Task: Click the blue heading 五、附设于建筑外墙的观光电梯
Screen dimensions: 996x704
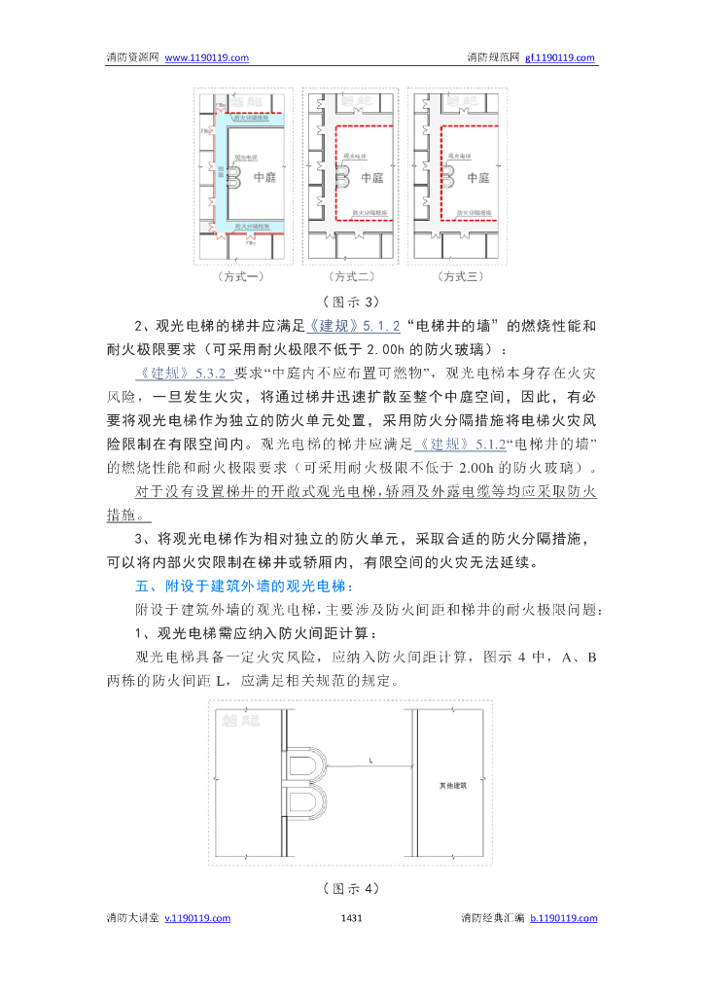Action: coord(245,587)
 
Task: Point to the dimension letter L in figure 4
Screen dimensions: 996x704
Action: coord(370,760)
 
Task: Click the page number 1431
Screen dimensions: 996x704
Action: coord(353,918)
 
